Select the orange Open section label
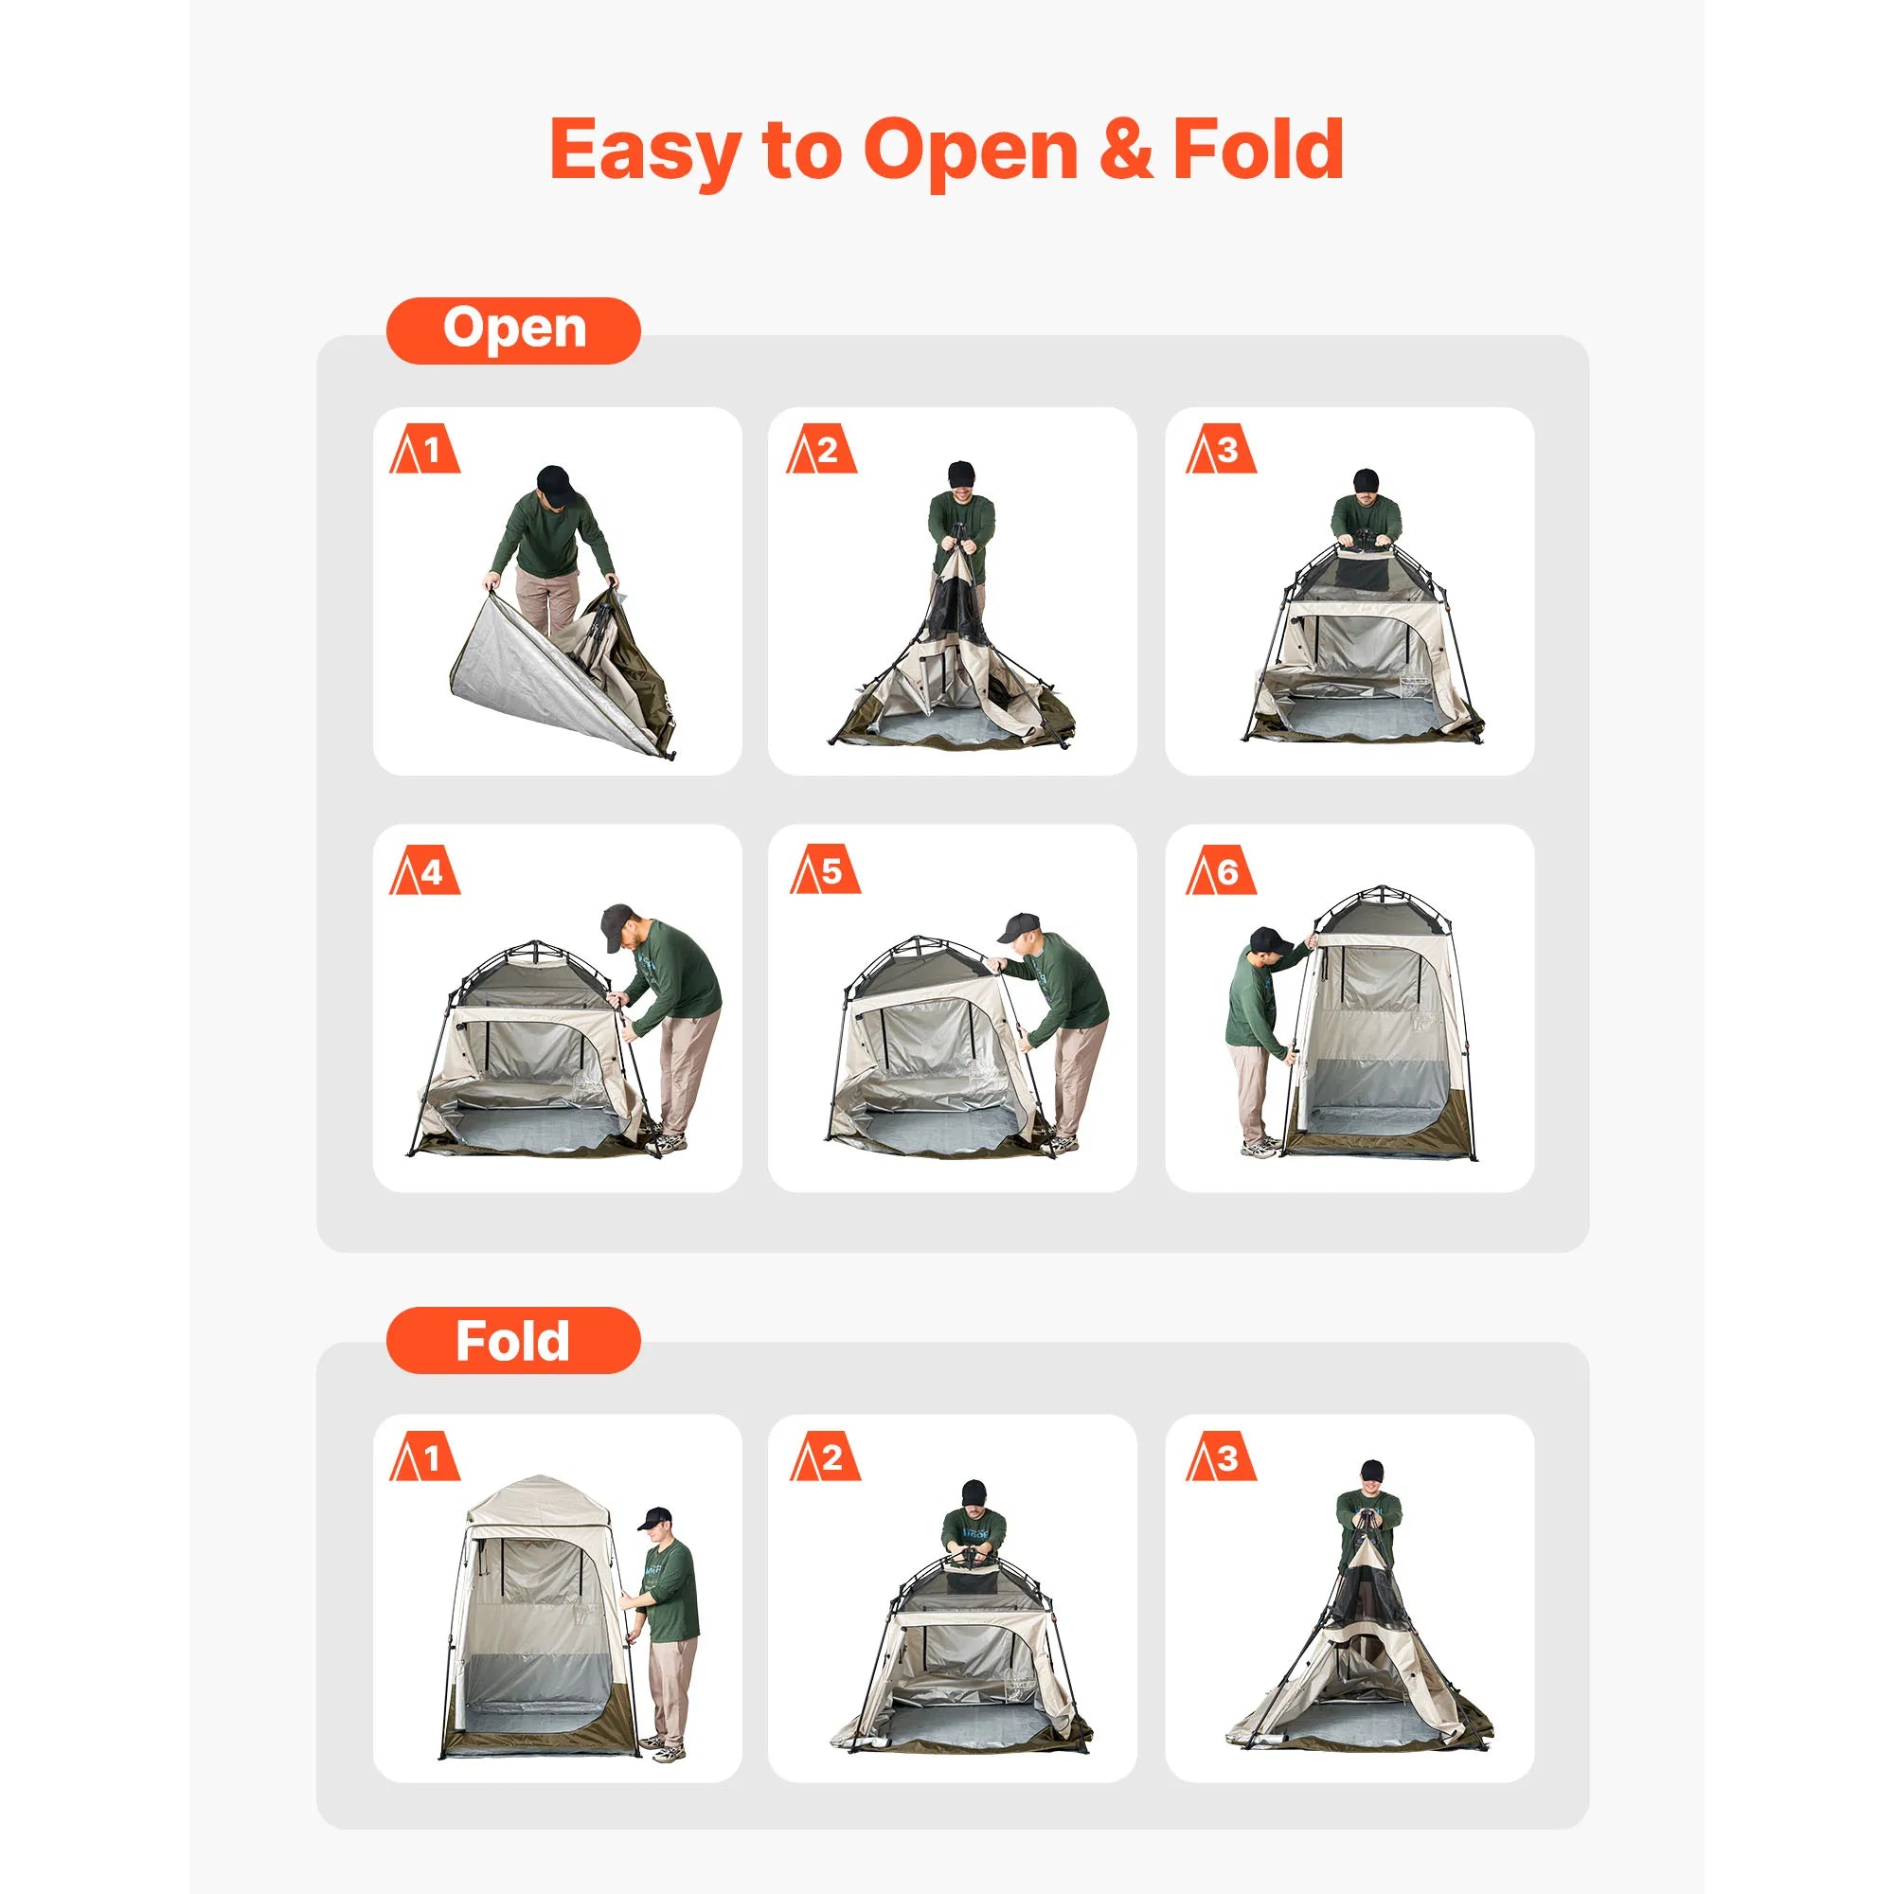pyautogui.click(x=513, y=331)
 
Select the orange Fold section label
pyautogui.click(x=513, y=1340)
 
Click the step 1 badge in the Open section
pyautogui.click(x=424, y=451)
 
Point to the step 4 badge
pyautogui.click(x=424, y=871)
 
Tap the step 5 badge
pyautogui.click(x=825, y=871)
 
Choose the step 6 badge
pyautogui.click(x=1221, y=871)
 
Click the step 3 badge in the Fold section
pyautogui.click(x=1221, y=1458)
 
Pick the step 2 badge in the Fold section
pyautogui.click(x=825, y=1458)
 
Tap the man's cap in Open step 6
pyautogui.click(x=1270, y=939)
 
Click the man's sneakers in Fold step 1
pyautogui.click(x=669, y=1748)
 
